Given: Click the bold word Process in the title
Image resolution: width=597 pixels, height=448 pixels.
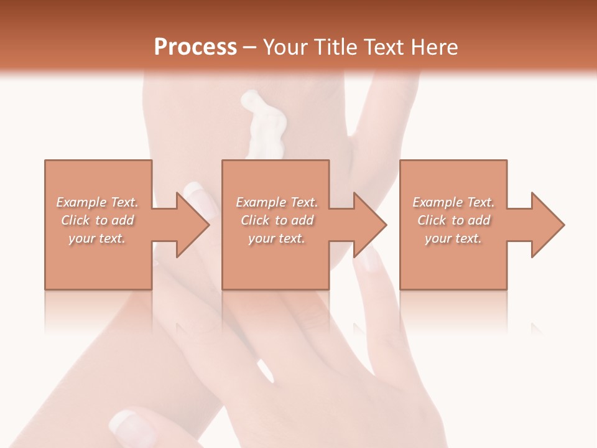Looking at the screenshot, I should pos(195,47).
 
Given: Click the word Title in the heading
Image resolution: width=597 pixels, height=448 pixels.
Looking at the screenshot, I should pos(333,47).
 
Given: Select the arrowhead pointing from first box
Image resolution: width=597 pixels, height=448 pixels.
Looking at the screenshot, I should pos(190,225).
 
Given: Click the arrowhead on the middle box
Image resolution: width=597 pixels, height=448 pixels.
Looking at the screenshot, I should pos(368,225).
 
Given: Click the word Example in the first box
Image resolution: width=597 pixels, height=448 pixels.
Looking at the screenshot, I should pos(81,202).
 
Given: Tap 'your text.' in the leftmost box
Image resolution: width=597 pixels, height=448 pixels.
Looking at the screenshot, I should pos(97,238).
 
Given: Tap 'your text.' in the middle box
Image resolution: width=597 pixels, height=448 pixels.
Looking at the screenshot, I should pos(277,238).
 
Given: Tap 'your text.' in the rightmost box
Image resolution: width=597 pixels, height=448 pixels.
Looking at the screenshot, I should pos(453,238).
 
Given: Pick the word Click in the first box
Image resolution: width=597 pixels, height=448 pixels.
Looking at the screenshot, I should pos(76,220).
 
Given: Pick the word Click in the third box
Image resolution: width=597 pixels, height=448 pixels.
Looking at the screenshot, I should pos(432,220).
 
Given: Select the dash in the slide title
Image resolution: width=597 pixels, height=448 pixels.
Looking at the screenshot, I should pos(249,48).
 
